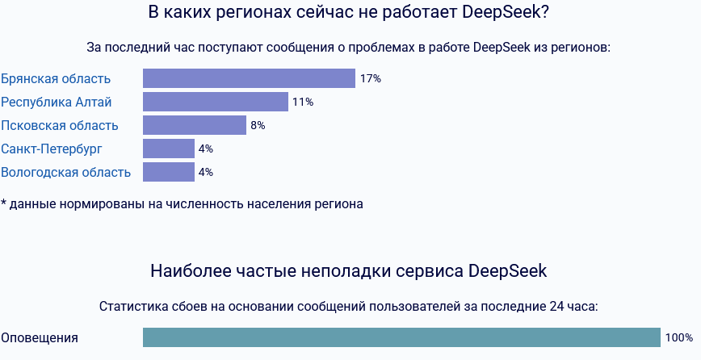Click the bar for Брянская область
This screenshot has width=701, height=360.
pos(249,78)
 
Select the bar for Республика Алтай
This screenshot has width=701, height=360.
pos(216,102)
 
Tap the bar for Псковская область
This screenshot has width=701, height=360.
pos(195,125)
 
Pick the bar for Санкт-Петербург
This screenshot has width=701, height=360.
pos(169,149)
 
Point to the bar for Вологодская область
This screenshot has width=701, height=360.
pos(169,172)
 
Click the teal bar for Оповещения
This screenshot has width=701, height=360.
pos(401,337)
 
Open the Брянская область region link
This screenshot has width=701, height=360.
pos(56,78)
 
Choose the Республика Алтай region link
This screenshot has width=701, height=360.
pos(57,102)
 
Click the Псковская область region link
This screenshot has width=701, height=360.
pos(60,125)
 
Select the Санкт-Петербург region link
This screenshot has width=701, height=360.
pos(52,149)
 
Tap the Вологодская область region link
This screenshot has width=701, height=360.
pos(65,172)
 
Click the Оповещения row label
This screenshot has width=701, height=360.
pos(40,337)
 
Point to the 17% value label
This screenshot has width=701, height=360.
pos(371,79)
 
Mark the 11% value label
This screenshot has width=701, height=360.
pos(303,103)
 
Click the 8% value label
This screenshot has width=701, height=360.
pos(258,126)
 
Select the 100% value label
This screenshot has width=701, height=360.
pos(679,338)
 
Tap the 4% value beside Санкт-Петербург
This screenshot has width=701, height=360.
pos(206,149)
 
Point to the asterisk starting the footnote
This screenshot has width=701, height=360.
pos(3,202)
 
